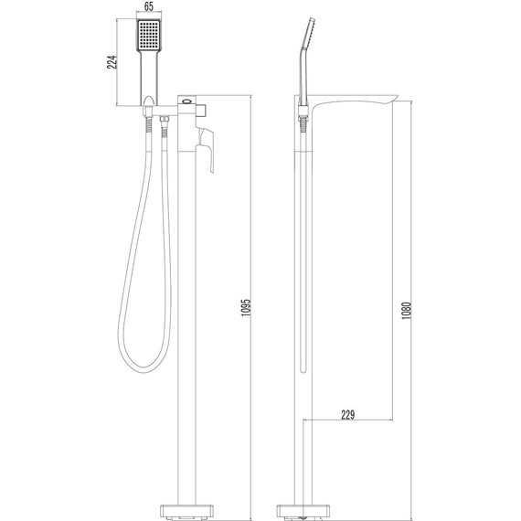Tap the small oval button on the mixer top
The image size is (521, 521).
pos(189,101)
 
